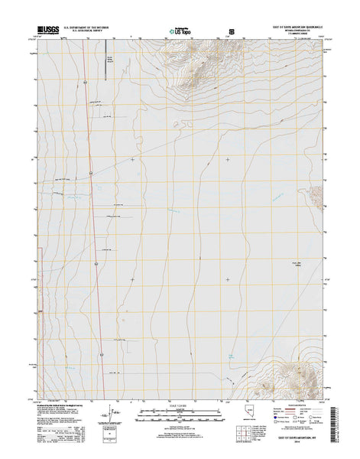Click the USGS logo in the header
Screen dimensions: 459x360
45,28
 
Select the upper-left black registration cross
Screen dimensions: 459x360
132,159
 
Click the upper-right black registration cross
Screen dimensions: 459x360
228,159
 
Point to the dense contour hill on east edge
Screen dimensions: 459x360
317,197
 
